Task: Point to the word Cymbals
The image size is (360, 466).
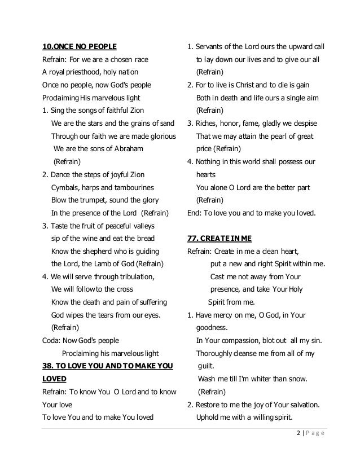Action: point(66,187)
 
